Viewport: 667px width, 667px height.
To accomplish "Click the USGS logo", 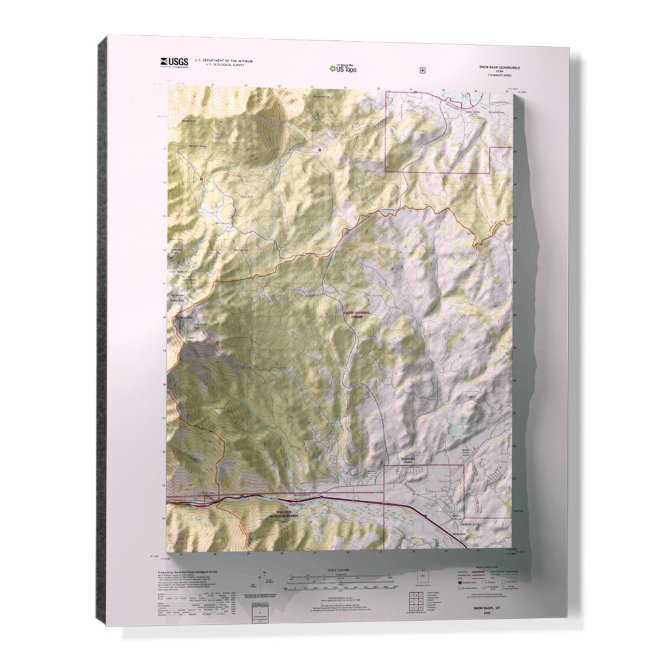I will point(174,62).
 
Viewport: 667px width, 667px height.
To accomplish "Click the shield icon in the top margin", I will point(423,67).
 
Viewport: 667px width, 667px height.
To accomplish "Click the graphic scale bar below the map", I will point(339,577).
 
